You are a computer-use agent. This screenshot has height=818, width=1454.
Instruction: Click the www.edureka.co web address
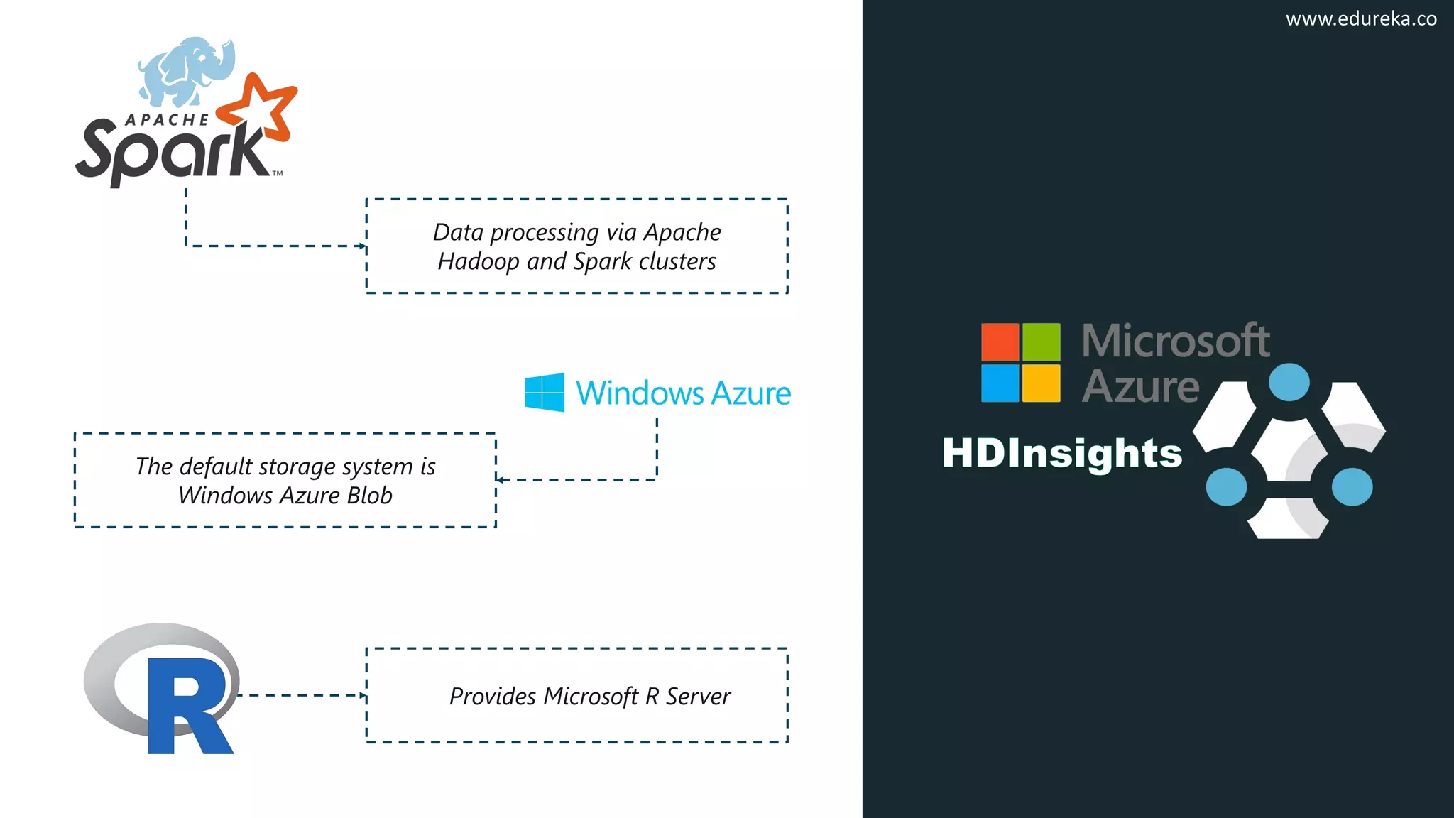(x=1360, y=19)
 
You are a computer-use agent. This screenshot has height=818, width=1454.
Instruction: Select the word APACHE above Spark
(x=168, y=120)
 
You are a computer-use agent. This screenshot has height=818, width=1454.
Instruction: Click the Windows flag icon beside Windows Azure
(x=545, y=392)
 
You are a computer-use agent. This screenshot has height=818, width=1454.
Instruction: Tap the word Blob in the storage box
(x=366, y=496)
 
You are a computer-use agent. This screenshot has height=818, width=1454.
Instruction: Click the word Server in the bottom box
(x=698, y=697)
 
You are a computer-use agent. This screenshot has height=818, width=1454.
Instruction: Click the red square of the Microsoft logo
(x=1000, y=342)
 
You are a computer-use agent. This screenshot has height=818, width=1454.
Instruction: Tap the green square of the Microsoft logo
(x=1041, y=342)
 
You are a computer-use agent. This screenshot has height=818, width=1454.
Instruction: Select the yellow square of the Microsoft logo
(x=1041, y=383)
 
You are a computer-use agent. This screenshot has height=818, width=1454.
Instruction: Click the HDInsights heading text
(x=1062, y=453)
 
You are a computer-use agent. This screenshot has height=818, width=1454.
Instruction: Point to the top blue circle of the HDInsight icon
(x=1289, y=382)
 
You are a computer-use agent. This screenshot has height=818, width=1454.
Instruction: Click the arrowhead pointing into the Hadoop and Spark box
(x=363, y=246)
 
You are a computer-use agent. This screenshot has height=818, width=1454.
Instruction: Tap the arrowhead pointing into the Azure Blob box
(x=500, y=480)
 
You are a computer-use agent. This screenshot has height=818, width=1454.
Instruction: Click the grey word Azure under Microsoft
(x=1140, y=387)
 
